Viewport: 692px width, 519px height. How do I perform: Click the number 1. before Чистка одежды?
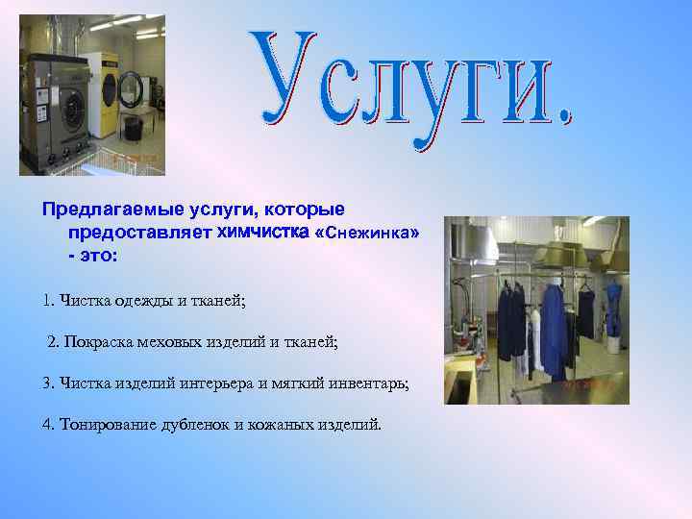click(x=49, y=301)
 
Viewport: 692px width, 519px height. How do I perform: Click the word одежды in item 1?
click(x=142, y=301)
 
